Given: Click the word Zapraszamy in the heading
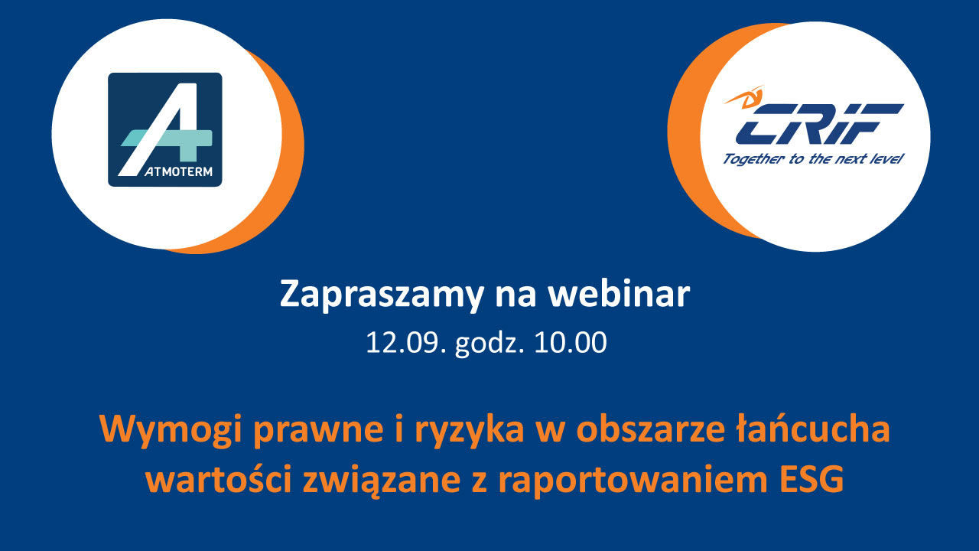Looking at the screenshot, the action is (381, 295).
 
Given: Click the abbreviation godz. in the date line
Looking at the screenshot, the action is (489, 344).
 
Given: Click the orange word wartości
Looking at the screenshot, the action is (219, 479).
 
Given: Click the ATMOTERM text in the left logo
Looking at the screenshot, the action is (178, 172).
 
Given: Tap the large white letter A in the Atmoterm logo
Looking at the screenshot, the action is (158, 129).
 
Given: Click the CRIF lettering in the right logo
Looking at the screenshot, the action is (820, 124).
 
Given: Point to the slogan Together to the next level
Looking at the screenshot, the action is (813, 158).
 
